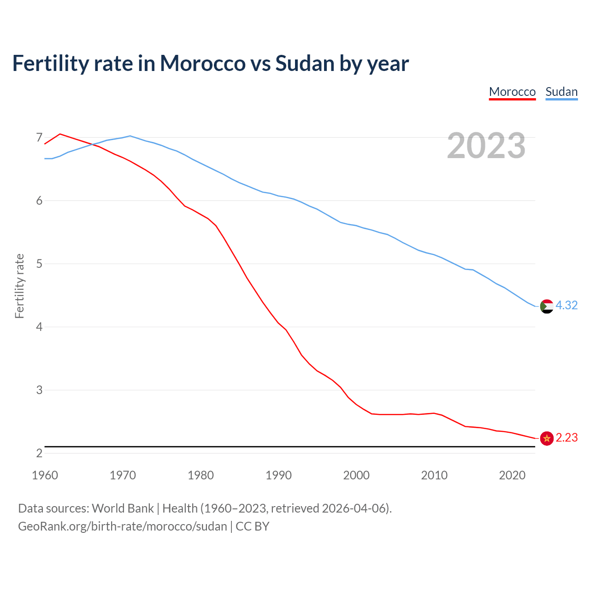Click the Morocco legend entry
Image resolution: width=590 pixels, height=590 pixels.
point(512,92)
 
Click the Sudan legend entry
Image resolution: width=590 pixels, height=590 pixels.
point(561,92)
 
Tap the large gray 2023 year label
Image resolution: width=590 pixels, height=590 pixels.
point(486,146)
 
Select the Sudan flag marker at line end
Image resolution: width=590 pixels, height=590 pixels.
point(547,306)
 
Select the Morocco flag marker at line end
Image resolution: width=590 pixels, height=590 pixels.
point(547,438)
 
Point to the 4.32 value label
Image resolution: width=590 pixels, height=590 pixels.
point(566,305)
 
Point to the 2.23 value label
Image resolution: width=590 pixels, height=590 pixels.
point(566,437)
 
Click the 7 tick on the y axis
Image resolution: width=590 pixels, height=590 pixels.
point(39,137)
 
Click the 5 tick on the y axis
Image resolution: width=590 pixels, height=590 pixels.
point(39,264)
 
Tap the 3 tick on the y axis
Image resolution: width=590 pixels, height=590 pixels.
point(39,390)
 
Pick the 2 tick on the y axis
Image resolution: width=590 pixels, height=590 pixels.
point(39,453)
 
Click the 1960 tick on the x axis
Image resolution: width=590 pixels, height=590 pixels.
point(45,475)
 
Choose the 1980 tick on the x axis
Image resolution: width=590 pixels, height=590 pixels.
point(201,475)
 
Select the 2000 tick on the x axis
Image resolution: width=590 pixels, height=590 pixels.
point(356,475)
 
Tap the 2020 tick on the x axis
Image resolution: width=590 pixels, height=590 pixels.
point(512,475)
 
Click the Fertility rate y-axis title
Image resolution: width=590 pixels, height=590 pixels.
point(19,286)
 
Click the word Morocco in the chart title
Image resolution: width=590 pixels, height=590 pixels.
point(202,63)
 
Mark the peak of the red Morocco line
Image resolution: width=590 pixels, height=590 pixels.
point(60,134)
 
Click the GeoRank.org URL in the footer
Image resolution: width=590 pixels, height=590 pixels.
point(123,526)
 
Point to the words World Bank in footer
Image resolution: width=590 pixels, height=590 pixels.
point(123,508)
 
